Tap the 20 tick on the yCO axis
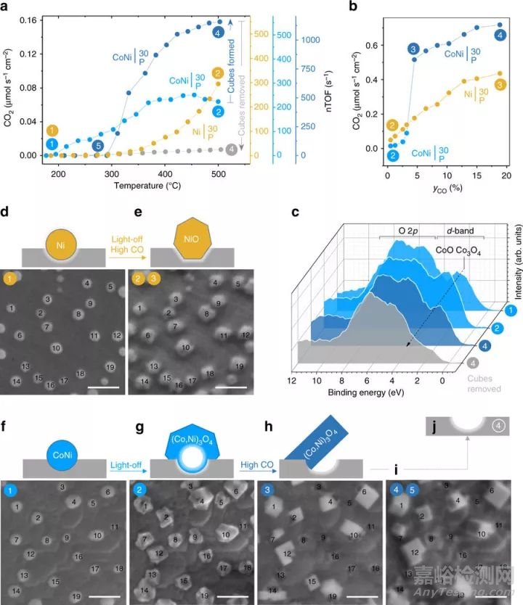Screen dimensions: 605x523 [505, 175]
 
